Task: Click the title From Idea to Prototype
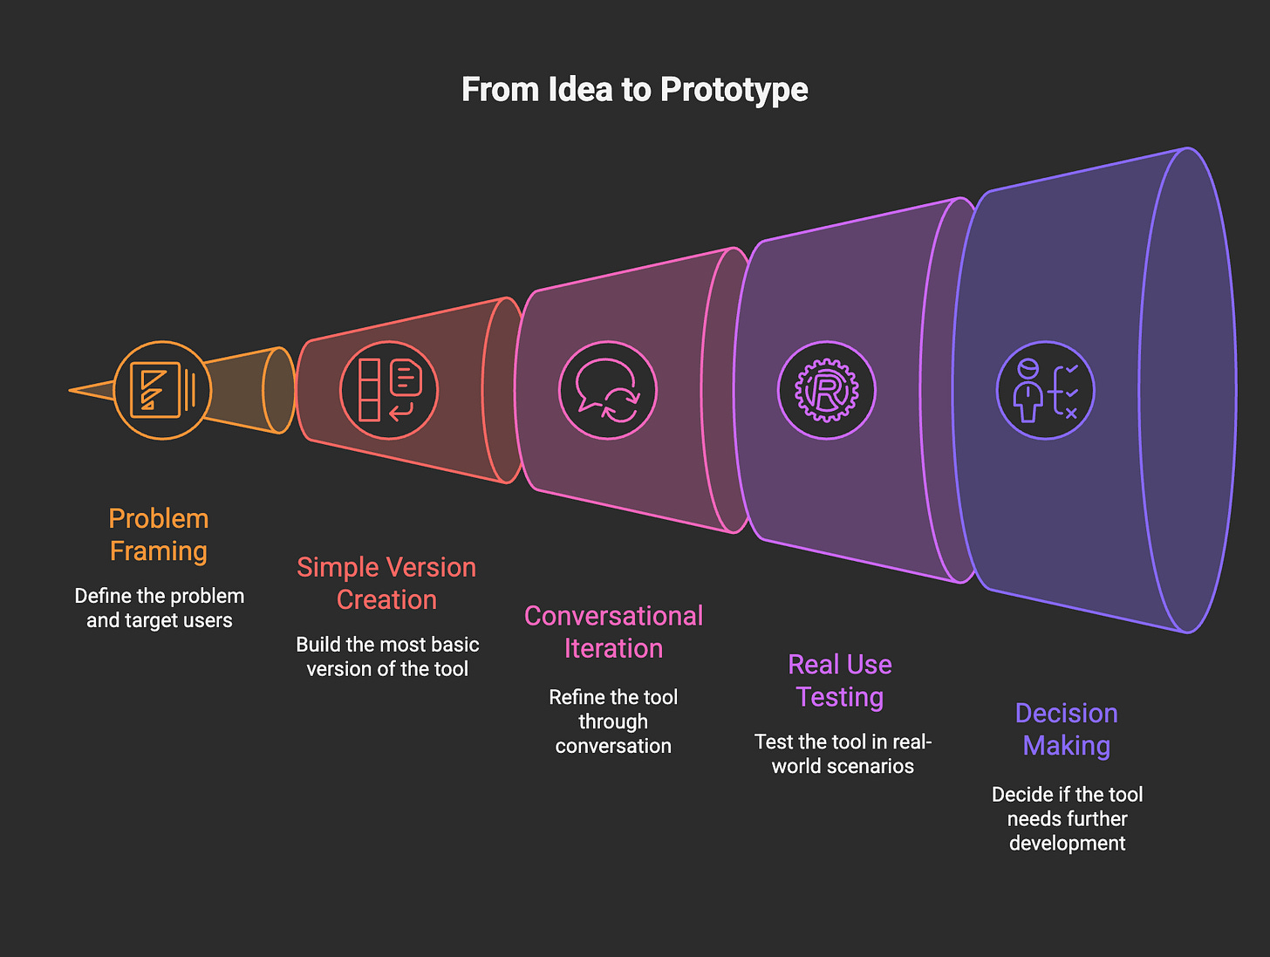(x=634, y=89)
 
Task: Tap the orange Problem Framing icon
(x=162, y=390)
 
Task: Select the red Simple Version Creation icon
(x=389, y=390)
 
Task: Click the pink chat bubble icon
(x=608, y=390)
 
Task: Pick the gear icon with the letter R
(x=826, y=390)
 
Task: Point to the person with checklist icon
(x=1045, y=390)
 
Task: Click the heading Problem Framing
(x=159, y=535)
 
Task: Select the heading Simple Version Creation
(x=386, y=584)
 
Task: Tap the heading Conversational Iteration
(x=613, y=632)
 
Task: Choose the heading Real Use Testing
(x=840, y=680)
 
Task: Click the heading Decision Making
(x=1067, y=729)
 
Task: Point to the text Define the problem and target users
(x=160, y=608)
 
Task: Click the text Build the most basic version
(x=387, y=657)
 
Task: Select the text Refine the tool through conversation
(x=613, y=721)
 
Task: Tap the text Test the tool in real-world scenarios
(x=843, y=754)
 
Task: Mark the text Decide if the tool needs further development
(x=1067, y=818)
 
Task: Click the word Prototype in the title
(x=734, y=89)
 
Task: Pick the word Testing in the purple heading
(x=840, y=697)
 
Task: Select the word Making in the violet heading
(x=1067, y=746)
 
